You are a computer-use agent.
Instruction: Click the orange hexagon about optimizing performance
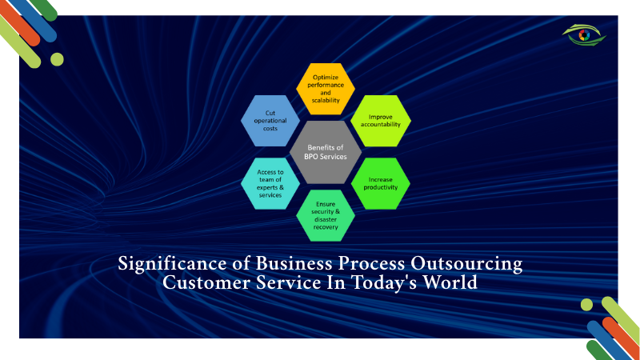[x=326, y=88]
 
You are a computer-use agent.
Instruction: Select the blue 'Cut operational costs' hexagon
[x=270, y=121]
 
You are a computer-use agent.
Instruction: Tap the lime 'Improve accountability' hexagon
[x=381, y=120]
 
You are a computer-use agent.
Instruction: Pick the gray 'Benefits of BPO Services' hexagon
[x=326, y=152]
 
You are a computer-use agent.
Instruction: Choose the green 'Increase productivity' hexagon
[x=381, y=183]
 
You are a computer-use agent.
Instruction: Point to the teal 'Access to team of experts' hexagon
[x=270, y=183]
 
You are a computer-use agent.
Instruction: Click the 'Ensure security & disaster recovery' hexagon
[x=326, y=215]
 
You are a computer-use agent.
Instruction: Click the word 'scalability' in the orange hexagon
[x=326, y=100]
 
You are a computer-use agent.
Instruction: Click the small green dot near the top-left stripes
[x=57, y=58]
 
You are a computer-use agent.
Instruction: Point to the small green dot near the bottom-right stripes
[x=586, y=304]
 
